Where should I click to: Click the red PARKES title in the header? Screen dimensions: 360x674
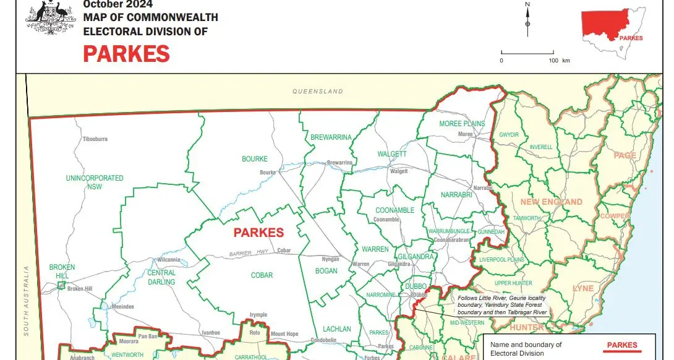click(x=126, y=54)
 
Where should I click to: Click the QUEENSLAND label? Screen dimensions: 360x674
click(x=318, y=92)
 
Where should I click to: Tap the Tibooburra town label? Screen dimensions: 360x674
click(x=95, y=139)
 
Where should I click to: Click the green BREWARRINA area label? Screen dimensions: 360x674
click(x=331, y=137)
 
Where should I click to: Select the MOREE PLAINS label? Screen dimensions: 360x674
click(x=462, y=124)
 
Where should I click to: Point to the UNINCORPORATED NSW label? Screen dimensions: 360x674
click(x=95, y=182)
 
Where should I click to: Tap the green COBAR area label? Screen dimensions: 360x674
click(x=262, y=275)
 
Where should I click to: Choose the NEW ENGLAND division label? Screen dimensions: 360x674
click(x=551, y=202)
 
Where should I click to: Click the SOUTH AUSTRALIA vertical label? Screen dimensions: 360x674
click(x=26, y=301)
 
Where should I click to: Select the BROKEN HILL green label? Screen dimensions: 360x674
click(x=62, y=272)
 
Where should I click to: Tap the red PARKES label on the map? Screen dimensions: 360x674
click(x=258, y=233)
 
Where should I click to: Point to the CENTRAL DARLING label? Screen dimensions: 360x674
click(x=161, y=277)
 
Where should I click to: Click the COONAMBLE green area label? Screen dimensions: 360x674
click(x=395, y=210)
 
